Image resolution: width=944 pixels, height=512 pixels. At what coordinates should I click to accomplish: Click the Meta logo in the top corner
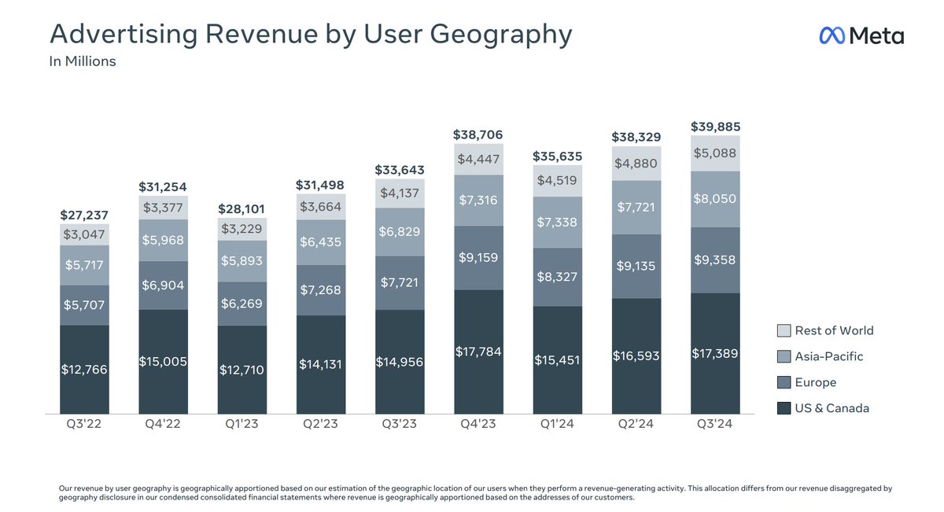(x=861, y=35)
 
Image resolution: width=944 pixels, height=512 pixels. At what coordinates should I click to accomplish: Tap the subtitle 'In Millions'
(x=83, y=61)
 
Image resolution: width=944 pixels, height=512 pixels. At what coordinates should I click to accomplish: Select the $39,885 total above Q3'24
(x=715, y=127)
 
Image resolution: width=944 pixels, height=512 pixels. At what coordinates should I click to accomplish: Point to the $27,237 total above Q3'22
(x=85, y=215)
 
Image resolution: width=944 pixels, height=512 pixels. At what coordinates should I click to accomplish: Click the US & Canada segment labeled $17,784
(x=478, y=352)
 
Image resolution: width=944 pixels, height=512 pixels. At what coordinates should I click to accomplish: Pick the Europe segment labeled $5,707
(x=85, y=305)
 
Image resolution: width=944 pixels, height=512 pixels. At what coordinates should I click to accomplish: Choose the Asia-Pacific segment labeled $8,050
(x=715, y=199)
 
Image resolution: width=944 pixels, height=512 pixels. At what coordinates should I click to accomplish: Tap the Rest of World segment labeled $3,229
(x=242, y=229)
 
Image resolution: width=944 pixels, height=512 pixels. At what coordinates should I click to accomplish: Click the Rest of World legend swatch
(x=784, y=331)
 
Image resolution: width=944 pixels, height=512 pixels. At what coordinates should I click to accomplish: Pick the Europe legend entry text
(x=816, y=382)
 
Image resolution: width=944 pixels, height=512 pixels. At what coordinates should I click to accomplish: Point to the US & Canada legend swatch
(x=784, y=408)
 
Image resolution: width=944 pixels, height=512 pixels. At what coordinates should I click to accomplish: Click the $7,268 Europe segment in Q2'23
(x=321, y=290)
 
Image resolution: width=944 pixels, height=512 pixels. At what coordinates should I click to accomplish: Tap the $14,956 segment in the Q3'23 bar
(x=400, y=362)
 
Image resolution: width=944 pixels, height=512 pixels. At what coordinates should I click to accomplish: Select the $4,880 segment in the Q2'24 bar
(x=636, y=164)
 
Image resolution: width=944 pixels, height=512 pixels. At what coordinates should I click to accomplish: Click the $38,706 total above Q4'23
(x=478, y=135)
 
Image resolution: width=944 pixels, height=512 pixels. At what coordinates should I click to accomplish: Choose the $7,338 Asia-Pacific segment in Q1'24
(x=557, y=222)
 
